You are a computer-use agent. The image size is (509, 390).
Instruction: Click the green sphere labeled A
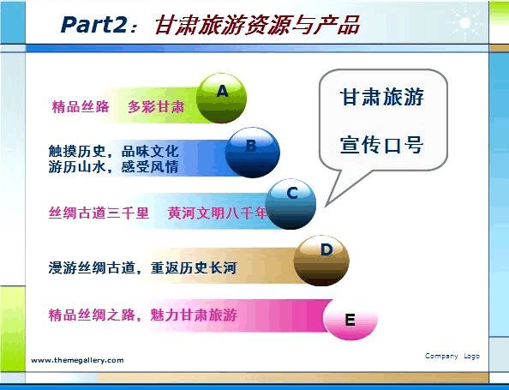point(221,98)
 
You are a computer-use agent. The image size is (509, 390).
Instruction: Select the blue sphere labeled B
point(252,153)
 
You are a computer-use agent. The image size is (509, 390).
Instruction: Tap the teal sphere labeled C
point(290,204)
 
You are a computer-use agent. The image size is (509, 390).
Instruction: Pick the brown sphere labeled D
point(321,261)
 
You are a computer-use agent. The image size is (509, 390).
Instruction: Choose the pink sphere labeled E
point(350,321)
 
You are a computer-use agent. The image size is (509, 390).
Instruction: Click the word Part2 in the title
point(93,25)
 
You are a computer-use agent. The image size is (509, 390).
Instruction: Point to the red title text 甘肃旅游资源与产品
point(257,25)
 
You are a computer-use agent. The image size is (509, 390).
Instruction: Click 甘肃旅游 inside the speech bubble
point(382,97)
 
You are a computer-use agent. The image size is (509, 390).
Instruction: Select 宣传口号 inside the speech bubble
point(382,145)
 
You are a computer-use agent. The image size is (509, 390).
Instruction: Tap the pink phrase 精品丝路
point(81,107)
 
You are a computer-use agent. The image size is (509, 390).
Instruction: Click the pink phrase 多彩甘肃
point(156,107)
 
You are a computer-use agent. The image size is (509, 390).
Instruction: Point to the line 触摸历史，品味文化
point(114,151)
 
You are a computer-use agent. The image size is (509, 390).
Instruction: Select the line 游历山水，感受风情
point(114,167)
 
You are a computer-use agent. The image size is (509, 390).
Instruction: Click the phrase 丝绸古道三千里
point(99,213)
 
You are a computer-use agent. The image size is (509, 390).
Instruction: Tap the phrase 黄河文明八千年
point(218,213)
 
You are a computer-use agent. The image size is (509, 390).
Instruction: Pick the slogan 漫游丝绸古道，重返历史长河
point(142,268)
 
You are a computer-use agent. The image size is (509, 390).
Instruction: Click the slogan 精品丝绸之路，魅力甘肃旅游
point(143,315)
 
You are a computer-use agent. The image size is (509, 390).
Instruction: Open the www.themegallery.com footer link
point(77,360)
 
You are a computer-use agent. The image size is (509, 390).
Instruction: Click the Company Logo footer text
point(452,357)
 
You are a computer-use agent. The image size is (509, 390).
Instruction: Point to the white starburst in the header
point(464,22)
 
